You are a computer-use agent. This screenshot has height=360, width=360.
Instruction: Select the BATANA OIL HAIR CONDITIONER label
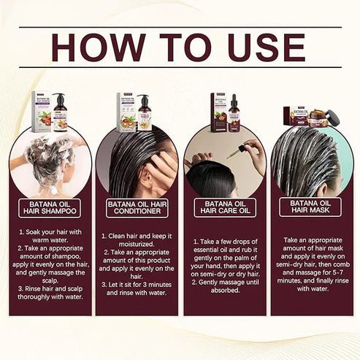[x=137, y=208]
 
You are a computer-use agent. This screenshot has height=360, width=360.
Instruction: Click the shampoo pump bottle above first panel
[x=59, y=114]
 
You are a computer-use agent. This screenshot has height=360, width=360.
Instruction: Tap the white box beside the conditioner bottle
[x=126, y=112]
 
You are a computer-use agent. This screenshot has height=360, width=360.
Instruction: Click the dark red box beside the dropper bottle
[x=218, y=112]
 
